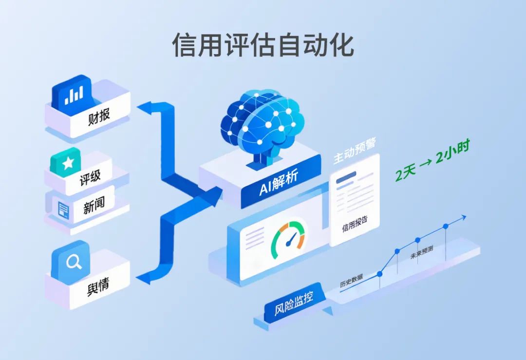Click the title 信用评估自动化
(263, 45)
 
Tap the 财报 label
(98, 116)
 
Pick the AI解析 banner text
(279, 183)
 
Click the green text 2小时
(452, 152)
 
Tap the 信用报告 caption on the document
(355, 224)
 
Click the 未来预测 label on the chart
(422, 253)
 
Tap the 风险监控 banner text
(294, 303)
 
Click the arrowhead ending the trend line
(464, 218)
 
